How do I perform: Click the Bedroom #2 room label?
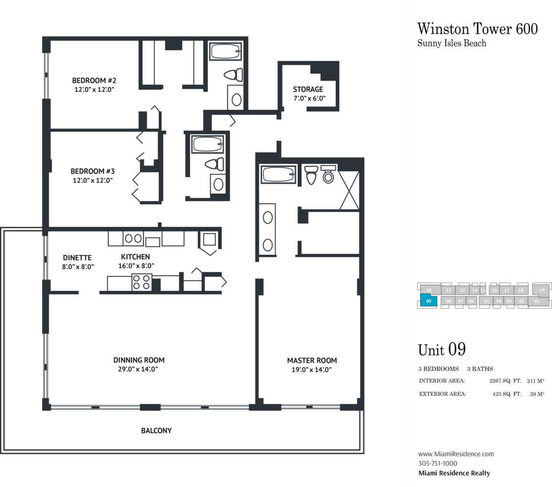[94, 85]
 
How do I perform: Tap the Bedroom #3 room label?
[93, 176]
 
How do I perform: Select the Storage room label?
[308, 94]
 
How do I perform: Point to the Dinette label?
[77, 262]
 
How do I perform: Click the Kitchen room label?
[136, 261]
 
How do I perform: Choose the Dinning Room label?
[138, 364]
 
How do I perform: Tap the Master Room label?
[312, 365]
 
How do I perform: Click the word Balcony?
[156, 431]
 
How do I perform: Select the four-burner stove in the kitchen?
[142, 282]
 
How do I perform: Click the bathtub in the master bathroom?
[278, 174]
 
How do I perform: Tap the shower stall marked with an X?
[349, 191]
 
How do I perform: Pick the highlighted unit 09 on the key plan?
[429, 301]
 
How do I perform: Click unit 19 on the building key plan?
[541, 290]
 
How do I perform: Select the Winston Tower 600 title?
[478, 29]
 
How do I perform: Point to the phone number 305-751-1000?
[437, 464]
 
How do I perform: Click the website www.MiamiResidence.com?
[456, 454]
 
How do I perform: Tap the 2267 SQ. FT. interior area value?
[505, 381]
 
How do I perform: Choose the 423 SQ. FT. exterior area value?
[507, 394]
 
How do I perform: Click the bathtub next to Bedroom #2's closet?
[226, 52]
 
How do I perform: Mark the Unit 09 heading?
[442, 350]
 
